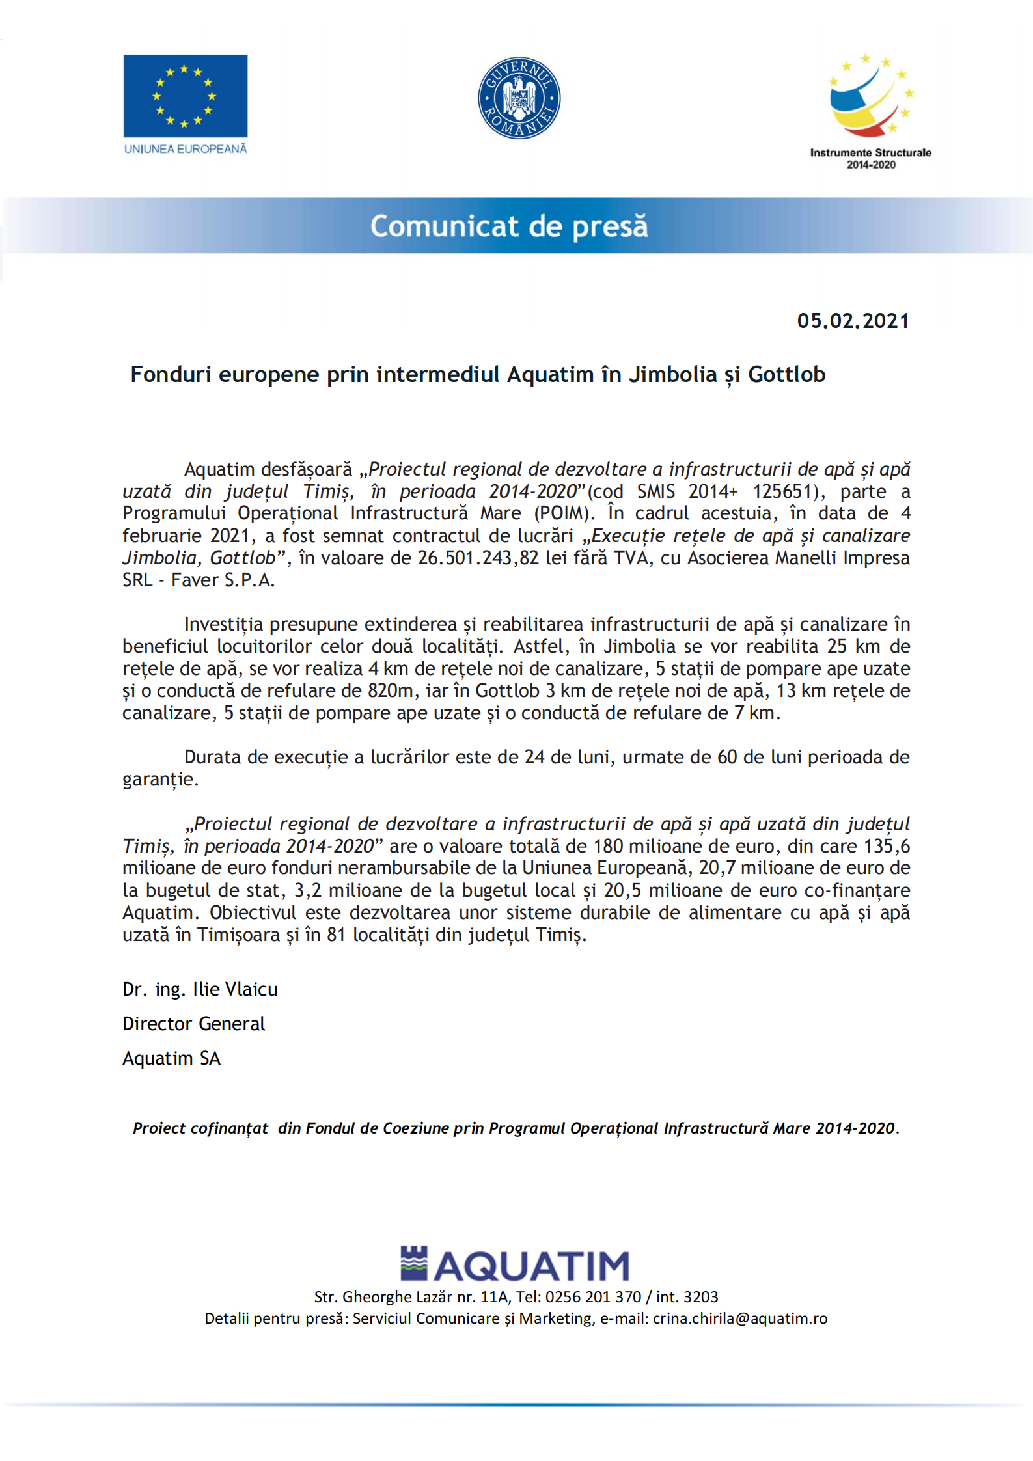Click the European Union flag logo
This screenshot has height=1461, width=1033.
tap(186, 96)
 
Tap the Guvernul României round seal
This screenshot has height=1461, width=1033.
tap(519, 98)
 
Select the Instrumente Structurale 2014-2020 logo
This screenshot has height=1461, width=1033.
tap(870, 111)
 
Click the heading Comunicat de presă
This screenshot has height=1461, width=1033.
tap(509, 226)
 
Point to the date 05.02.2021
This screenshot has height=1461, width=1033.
tap(853, 321)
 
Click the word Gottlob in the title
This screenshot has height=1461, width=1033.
tap(786, 375)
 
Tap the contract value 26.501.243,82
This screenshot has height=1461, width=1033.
tap(478, 558)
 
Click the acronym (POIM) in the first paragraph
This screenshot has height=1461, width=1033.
tap(563, 513)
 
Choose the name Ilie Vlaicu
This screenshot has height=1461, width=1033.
tap(235, 989)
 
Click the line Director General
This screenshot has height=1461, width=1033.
tap(193, 1024)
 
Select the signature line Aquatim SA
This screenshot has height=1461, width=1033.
tap(171, 1058)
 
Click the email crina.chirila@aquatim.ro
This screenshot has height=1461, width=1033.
tap(740, 1318)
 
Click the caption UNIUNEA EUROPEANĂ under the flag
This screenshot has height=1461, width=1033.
tap(186, 149)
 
